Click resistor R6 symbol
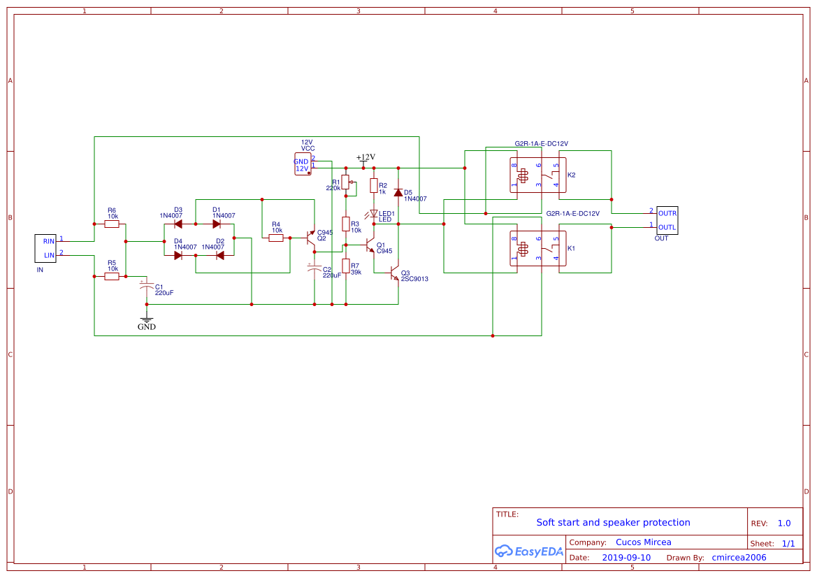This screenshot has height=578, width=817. pos(112,224)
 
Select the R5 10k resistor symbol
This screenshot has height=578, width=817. pos(112,277)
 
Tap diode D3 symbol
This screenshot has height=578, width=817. pos(178,224)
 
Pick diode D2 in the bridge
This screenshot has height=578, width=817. pos(219,255)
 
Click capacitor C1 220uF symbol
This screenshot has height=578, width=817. pos(146,287)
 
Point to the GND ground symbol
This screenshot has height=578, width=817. pos(146,320)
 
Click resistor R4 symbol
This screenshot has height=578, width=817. pos(276,238)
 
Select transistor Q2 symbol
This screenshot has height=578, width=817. pos(310,238)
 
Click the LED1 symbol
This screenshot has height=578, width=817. pos(373,214)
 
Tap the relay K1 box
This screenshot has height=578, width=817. pos(537,248)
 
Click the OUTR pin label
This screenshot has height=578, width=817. pos(667,213)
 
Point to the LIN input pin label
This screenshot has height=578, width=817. pos(49,255)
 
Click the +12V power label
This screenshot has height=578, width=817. pos(366,157)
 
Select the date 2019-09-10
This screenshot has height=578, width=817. pos(626,558)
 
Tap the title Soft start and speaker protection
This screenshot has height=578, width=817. pos(613,522)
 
